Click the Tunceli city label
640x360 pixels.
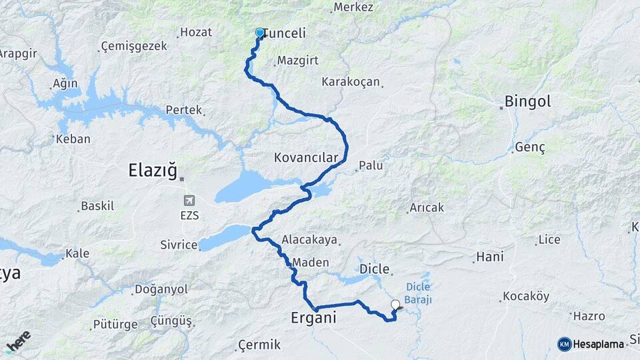(285, 33)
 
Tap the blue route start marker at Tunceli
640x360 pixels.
(260, 32)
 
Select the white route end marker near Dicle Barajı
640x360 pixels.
(395, 305)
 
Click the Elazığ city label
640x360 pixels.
(153, 171)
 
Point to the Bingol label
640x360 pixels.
(527, 102)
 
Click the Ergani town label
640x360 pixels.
(313, 318)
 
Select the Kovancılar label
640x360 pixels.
(307, 157)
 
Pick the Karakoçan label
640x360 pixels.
(351, 82)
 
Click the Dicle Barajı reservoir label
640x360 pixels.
(419, 293)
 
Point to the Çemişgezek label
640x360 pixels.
(134, 47)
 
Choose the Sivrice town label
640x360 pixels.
(179, 245)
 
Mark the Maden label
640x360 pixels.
(311, 263)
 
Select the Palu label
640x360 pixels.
(371, 165)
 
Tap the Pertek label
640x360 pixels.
(183, 109)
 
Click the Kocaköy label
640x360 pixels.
(526, 295)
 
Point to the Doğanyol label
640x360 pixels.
(161, 289)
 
